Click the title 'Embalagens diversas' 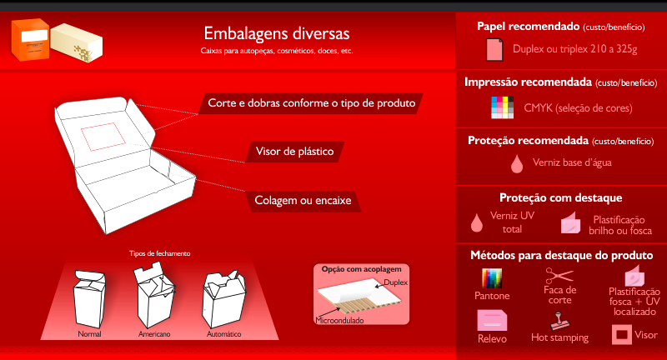(276, 34)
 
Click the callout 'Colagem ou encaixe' (302, 201)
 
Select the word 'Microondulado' (341, 320)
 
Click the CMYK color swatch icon (504, 107)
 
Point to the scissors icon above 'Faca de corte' (559, 276)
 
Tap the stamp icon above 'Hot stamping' (559, 320)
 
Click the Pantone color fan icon (492, 278)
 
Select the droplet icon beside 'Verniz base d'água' (517, 162)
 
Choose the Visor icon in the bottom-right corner (622, 335)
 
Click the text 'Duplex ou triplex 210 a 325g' (574, 50)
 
